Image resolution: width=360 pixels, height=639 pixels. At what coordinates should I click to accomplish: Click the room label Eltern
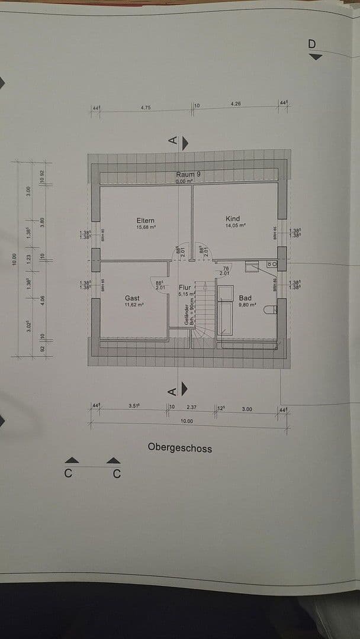click(145, 221)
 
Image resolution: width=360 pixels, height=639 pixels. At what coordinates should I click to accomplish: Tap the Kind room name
click(233, 219)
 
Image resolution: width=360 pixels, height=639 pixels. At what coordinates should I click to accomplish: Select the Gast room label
click(132, 298)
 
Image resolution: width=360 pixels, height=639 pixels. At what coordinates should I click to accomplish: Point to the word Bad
click(245, 298)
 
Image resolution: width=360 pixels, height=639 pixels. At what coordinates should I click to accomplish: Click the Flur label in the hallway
click(185, 288)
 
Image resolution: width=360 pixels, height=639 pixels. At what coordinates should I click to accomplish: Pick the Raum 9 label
click(188, 175)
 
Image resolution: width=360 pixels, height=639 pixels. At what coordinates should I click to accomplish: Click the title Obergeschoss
click(179, 448)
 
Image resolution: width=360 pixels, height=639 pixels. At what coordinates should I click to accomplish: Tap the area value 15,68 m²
click(146, 227)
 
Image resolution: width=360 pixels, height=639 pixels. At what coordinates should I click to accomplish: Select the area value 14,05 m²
click(235, 225)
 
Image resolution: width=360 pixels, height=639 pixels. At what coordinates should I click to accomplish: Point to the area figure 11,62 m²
click(134, 305)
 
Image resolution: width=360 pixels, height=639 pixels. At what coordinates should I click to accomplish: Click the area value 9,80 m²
click(247, 305)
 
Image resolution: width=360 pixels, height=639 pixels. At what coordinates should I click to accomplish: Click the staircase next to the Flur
click(204, 311)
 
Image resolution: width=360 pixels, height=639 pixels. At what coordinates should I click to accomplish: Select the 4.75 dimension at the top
click(146, 108)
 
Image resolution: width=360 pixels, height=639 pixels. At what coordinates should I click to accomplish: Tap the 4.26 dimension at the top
click(236, 104)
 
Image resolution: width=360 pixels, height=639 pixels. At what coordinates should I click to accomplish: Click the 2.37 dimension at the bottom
click(191, 407)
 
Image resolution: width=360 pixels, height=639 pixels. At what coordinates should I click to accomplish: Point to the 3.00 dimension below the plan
click(246, 409)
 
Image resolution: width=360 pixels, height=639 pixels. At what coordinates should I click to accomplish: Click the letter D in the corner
click(313, 44)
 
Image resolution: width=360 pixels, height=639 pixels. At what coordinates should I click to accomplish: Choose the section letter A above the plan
click(172, 140)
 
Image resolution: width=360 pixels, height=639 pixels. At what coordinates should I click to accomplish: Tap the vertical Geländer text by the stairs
click(186, 313)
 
